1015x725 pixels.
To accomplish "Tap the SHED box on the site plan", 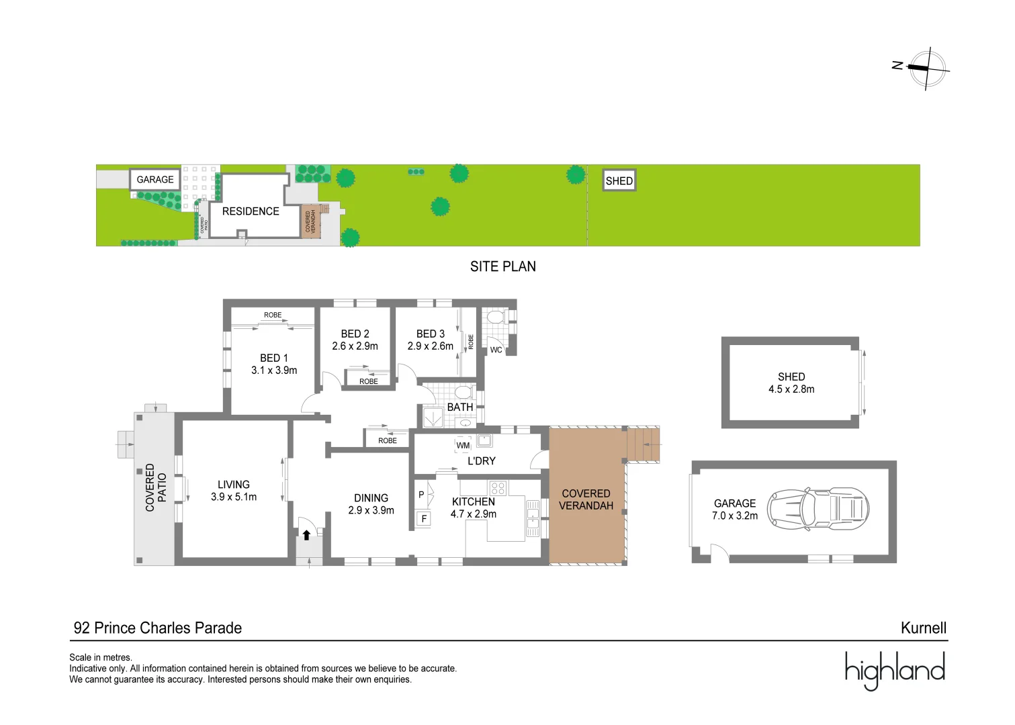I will tap(619, 181).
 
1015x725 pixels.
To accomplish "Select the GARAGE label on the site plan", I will tap(155, 179).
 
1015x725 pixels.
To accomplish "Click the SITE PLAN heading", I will tap(502, 267).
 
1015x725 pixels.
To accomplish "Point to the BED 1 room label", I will tap(274, 358).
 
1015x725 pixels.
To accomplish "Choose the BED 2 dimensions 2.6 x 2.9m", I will tap(355, 346).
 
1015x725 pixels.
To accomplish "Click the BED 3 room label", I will tap(431, 334).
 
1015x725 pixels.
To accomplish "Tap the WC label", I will tap(496, 350).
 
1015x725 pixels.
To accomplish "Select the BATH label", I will tap(460, 407).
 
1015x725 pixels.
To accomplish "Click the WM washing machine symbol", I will tap(463, 445).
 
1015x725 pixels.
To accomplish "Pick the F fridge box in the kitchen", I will tap(423, 519).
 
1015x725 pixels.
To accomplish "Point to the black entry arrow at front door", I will tap(306, 535).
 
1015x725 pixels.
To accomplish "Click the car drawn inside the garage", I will tap(818, 510).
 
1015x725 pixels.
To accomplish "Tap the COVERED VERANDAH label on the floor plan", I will tap(586, 499).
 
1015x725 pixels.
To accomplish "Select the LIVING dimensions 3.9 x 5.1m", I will tap(234, 497).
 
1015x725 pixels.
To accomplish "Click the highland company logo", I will tap(895, 671).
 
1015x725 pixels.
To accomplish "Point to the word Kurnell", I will tap(924, 628).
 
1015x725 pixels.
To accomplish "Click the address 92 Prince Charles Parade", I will tap(158, 628).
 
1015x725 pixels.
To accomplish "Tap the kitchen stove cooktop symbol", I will tap(498, 488).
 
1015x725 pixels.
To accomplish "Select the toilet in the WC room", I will tap(495, 316).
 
